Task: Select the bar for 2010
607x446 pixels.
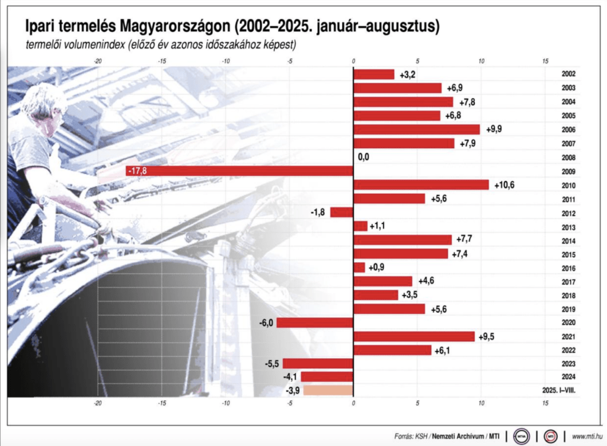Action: (421, 185)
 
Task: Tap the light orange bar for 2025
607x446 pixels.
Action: (328, 390)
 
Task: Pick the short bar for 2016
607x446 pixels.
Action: (359, 267)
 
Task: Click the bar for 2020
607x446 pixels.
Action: (314, 322)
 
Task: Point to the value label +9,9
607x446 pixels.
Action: (494, 130)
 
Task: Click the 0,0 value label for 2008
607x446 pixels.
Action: (365, 158)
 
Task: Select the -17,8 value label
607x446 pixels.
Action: (137, 171)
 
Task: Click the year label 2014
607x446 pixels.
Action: (568, 241)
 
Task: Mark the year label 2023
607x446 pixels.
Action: (568, 364)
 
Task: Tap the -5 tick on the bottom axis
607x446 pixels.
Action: (289, 403)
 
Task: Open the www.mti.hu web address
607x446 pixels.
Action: (587, 437)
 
